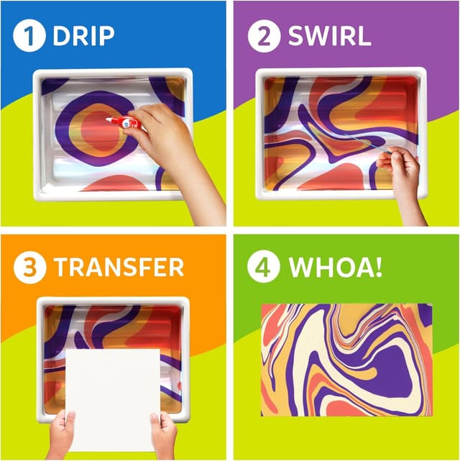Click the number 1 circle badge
pyautogui.click(x=29, y=36)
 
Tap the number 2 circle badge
pyautogui.click(x=264, y=36)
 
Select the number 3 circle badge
pyautogui.click(x=29, y=268)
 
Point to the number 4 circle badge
pyautogui.click(x=264, y=268)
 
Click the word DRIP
pyautogui.click(x=84, y=37)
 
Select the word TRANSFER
pyautogui.click(x=119, y=268)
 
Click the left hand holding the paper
pyautogui.click(x=62, y=432)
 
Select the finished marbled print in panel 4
pyautogui.click(x=346, y=360)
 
